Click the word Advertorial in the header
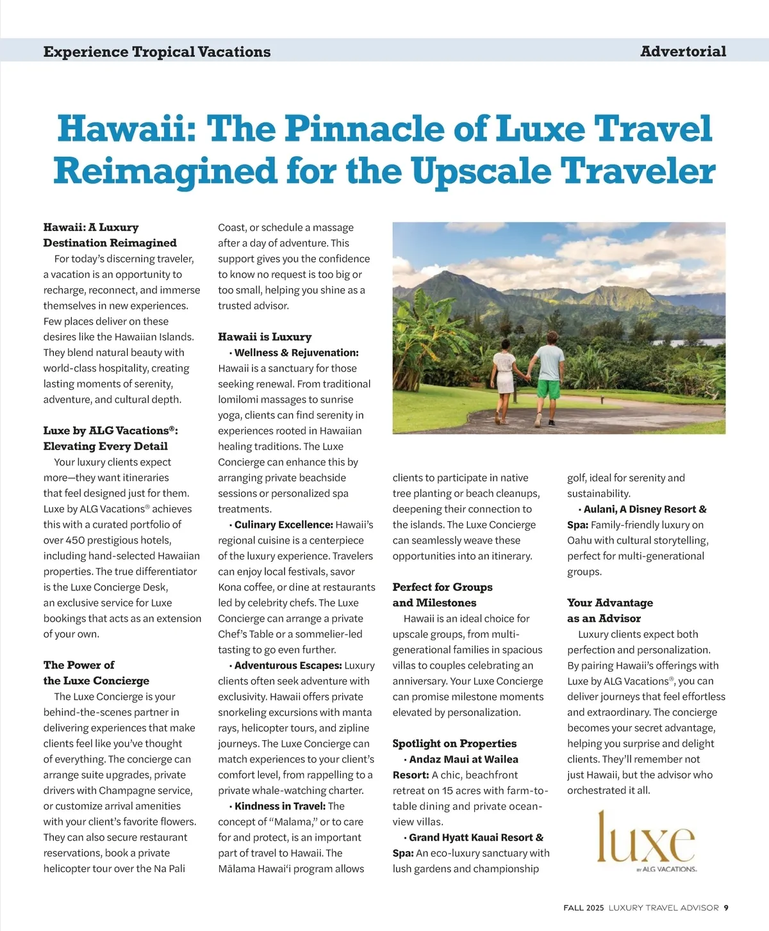pos(683,51)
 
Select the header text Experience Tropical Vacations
pos(157,52)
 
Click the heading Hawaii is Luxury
pos(265,337)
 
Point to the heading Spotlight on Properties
pos(454,743)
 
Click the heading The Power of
pos(79,665)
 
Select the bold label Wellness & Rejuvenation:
pos(296,353)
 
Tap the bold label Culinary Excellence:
pos(283,524)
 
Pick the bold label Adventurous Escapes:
pos(288,665)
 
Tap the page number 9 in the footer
pos(726,907)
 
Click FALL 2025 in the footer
pos(584,907)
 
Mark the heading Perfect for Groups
pos(442,587)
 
